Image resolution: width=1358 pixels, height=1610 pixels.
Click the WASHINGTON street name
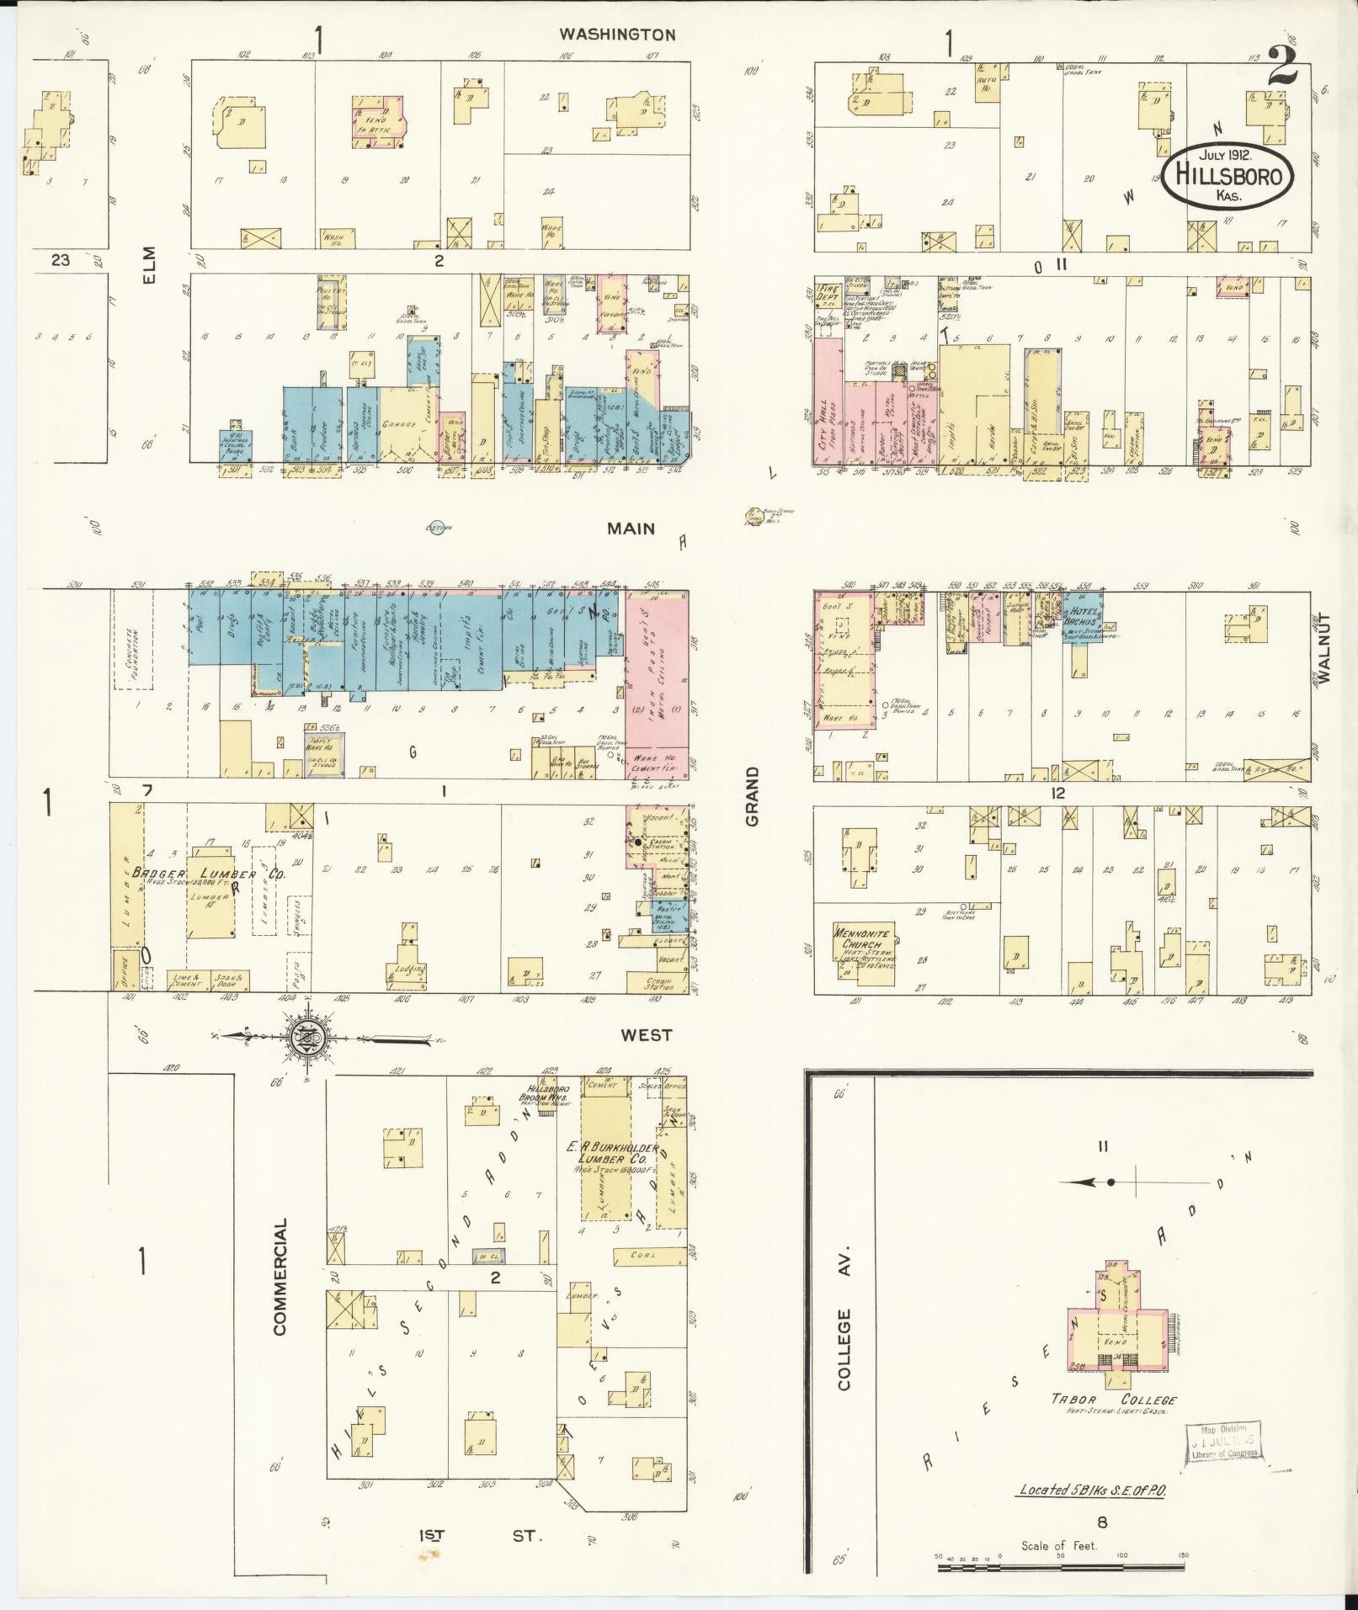[618, 35]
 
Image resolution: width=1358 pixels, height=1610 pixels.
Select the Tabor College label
[1112, 1399]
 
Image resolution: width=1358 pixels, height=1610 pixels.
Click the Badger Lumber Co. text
[209, 875]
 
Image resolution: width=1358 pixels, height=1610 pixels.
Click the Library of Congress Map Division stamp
[1225, 1446]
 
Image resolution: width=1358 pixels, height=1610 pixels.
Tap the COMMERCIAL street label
[280, 1276]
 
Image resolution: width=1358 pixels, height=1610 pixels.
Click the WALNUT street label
[1327, 646]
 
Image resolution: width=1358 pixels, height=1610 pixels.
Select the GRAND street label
[751, 795]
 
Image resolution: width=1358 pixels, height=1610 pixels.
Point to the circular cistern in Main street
[436, 527]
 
